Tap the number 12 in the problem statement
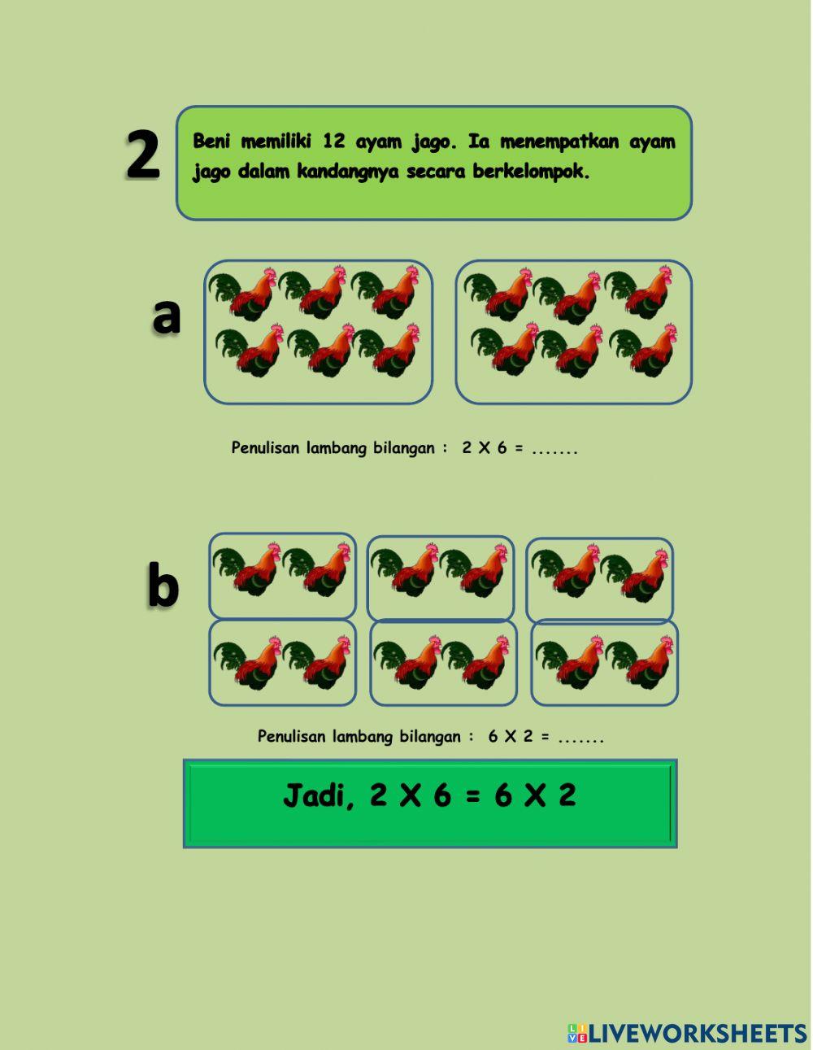(x=333, y=142)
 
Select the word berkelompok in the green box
(x=531, y=172)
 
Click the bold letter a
(x=166, y=316)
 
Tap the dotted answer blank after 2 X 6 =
(x=554, y=449)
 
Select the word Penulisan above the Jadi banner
(x=291, y=737)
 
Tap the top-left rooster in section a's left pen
(x=242, y=294)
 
